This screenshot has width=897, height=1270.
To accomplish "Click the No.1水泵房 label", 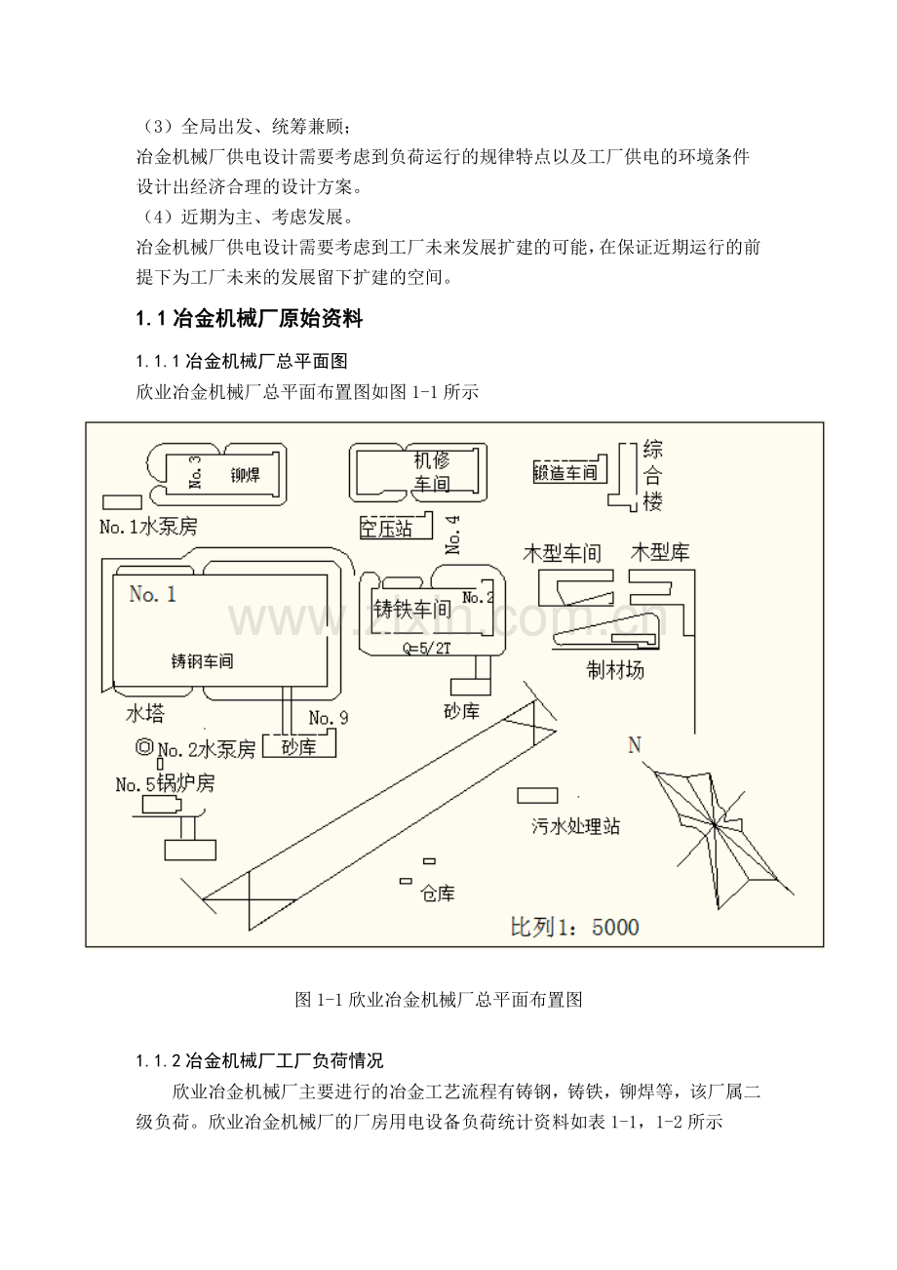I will (x=148, y=527).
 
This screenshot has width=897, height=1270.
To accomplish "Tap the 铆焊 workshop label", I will (x=246, y=475).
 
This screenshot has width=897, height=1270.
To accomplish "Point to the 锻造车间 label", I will (x=565, y=473).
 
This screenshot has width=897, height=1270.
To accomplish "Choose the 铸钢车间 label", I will (x=202, y=660).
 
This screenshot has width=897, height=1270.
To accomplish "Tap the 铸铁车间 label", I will (x=412, y=610).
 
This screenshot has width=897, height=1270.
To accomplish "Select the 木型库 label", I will (x=660, y=552).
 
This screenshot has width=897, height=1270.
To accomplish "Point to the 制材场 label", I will (x=614, y=670).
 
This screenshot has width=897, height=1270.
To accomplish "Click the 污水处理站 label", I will (x=575, y=826).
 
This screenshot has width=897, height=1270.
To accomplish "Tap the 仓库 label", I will (x=437, y=893).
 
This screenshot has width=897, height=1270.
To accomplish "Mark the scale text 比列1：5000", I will (x=575, y=926).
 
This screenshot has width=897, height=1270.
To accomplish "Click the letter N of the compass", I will (x=635, y=745).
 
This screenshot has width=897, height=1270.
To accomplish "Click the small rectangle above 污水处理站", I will (x=537, y=794).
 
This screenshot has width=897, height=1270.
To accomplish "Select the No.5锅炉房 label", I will (x=165, y=783).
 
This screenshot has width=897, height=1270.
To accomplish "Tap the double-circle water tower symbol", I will (x=144, y=748).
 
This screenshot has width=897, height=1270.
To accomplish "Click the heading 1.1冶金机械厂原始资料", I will (x=249, y=318).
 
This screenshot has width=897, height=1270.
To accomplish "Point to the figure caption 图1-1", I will (x=438, y=1000).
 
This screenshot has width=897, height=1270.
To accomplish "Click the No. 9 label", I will (x=328, y=718).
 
